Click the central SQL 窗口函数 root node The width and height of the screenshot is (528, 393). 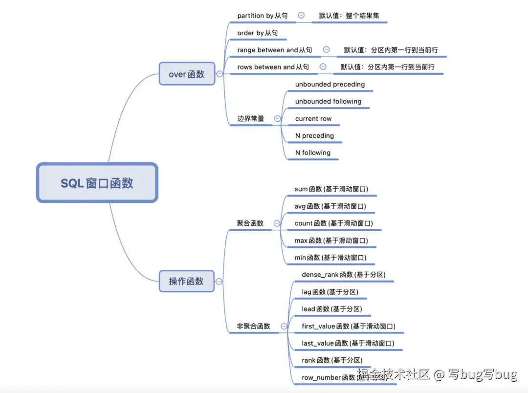pos(97,183)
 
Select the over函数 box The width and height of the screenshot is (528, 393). pos(187,74)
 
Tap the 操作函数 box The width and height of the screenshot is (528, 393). pos(186,281)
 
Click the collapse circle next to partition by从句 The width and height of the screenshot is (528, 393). pos(301,16)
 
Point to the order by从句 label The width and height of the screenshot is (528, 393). pos(258,33)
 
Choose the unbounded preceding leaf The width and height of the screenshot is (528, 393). pos(330,84)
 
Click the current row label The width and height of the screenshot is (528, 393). pos(313,118)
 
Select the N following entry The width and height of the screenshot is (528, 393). pos(313,153)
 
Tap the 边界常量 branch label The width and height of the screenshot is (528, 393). pos(251,118)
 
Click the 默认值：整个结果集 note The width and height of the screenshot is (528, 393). pos(349,16)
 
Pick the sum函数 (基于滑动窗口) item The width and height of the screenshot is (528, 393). pos(331,189)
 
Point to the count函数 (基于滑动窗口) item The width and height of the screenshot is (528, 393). pos(333,223)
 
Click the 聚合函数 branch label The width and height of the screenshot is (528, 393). pos(250,223)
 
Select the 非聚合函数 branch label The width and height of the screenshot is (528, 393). pos(253,326)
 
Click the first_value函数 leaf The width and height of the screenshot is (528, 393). pos(348,326)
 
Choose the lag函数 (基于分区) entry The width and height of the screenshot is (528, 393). pos(330,292)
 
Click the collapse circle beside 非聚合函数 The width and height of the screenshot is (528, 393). pos(284,326)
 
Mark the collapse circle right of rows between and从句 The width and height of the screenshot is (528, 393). pos(323,67)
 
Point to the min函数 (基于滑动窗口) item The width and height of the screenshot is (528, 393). pos(330,257)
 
